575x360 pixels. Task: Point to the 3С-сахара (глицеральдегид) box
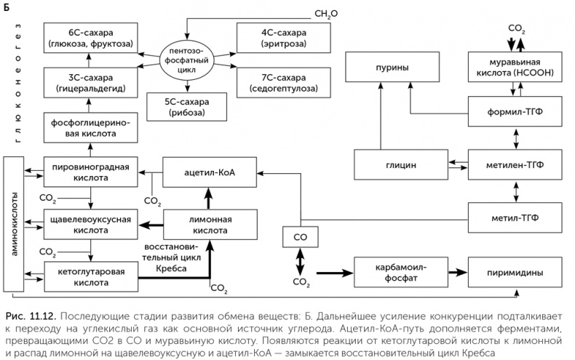(90, 81)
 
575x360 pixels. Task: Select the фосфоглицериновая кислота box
(90, 128)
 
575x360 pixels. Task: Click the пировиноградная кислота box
(90, 175)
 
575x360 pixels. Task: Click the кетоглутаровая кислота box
(90, 273)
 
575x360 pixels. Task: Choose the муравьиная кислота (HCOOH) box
(517, 68)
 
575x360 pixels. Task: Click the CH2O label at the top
(326, 14)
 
